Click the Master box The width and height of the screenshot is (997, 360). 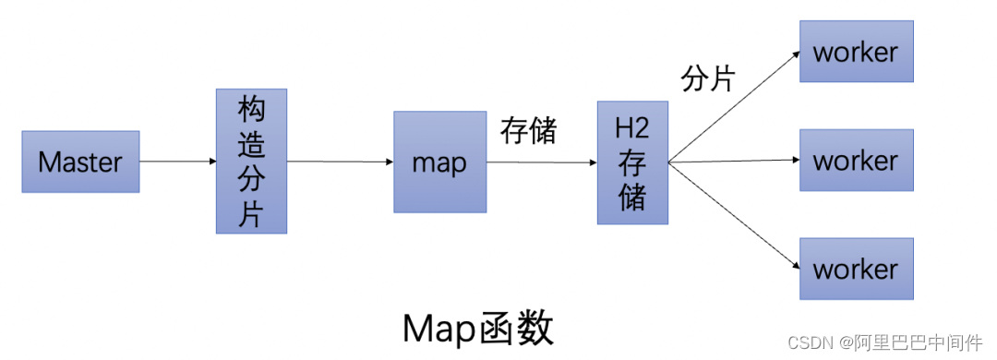point(80,162)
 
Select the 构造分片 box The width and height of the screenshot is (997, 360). point(251,161)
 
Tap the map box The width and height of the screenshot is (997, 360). point(439,162)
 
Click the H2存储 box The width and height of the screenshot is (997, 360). point(632,162)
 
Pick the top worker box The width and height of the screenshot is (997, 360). point(856,52)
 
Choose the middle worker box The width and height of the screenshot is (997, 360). point(856,161)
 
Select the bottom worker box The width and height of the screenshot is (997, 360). point(856,269)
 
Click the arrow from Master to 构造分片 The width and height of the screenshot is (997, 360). point(177,162)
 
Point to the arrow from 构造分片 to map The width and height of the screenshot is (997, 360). point(340,162)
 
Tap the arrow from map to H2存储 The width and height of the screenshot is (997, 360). point(541,162)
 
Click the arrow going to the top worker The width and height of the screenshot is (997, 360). point(734,106)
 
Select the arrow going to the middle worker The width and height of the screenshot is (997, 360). point(734,162)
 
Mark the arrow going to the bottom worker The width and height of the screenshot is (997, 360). point(734,217)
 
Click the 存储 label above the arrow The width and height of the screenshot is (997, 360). point(528,131)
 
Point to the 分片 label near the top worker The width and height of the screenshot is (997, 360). point(708,79)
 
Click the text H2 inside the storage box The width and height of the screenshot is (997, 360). point(632,129)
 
